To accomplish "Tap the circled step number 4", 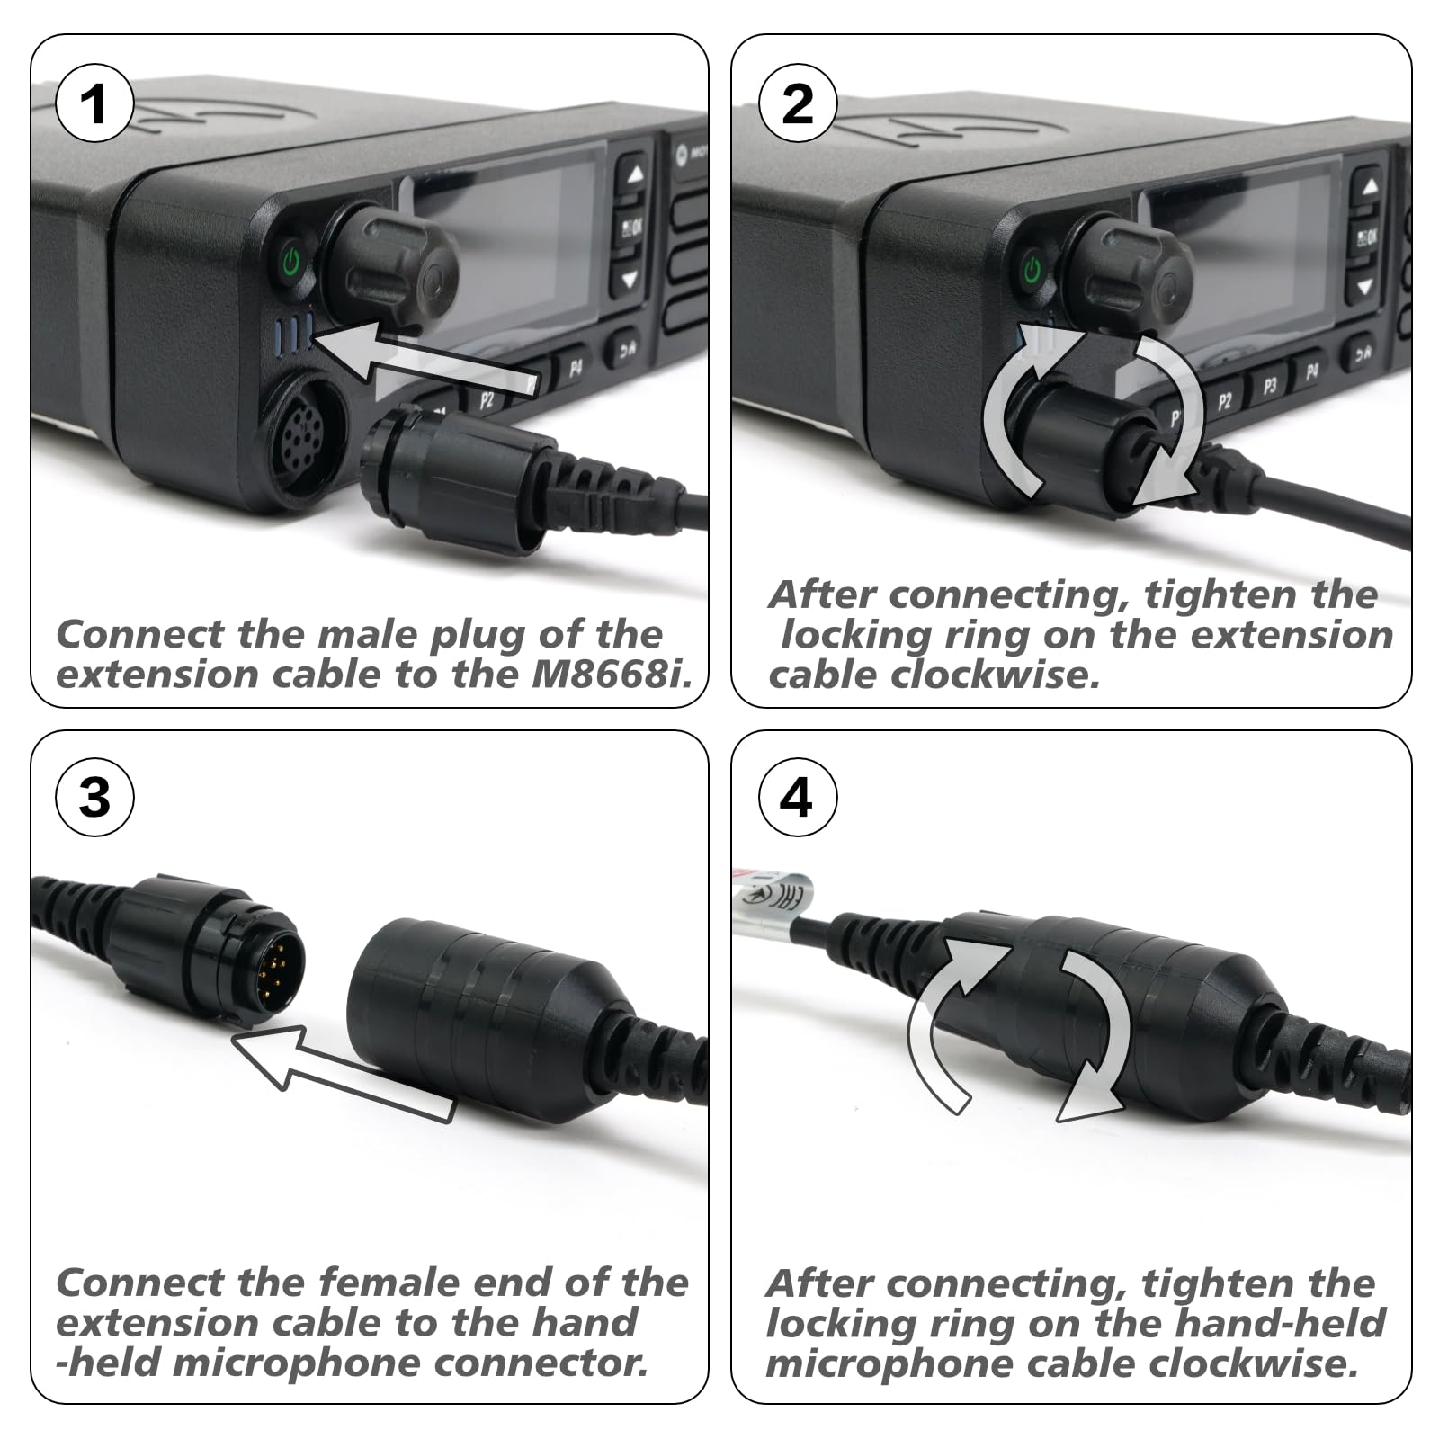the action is click(x=798, y=797).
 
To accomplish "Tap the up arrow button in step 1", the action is click(x=634, y=174).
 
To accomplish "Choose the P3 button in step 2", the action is click(x=1269, y=386).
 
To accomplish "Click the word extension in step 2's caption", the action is click(x=1251, y=635).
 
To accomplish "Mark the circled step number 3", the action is click(x=94, y=797).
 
